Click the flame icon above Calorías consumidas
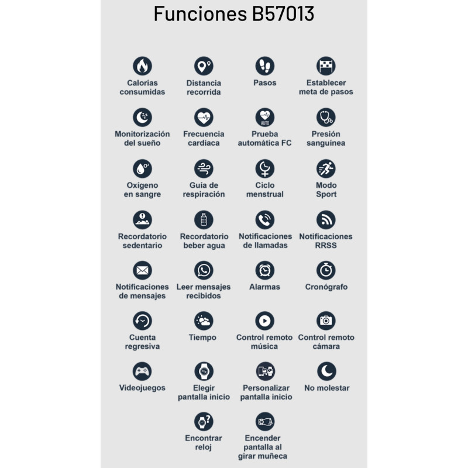142,66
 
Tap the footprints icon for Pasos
265,66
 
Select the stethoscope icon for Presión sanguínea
326,118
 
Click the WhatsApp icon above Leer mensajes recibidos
204,270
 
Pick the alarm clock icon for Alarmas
265,270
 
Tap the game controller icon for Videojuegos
142,371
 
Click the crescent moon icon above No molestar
326,371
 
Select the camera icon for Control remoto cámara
326,321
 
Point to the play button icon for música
265,321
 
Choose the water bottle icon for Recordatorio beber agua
204,220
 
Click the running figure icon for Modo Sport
326,168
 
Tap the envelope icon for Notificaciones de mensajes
142,270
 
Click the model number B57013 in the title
283,13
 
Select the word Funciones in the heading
200,13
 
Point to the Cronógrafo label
326,287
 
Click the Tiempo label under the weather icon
202,338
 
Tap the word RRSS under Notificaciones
326,246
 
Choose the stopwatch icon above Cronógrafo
326,270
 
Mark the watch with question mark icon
204,421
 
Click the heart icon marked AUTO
265,118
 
